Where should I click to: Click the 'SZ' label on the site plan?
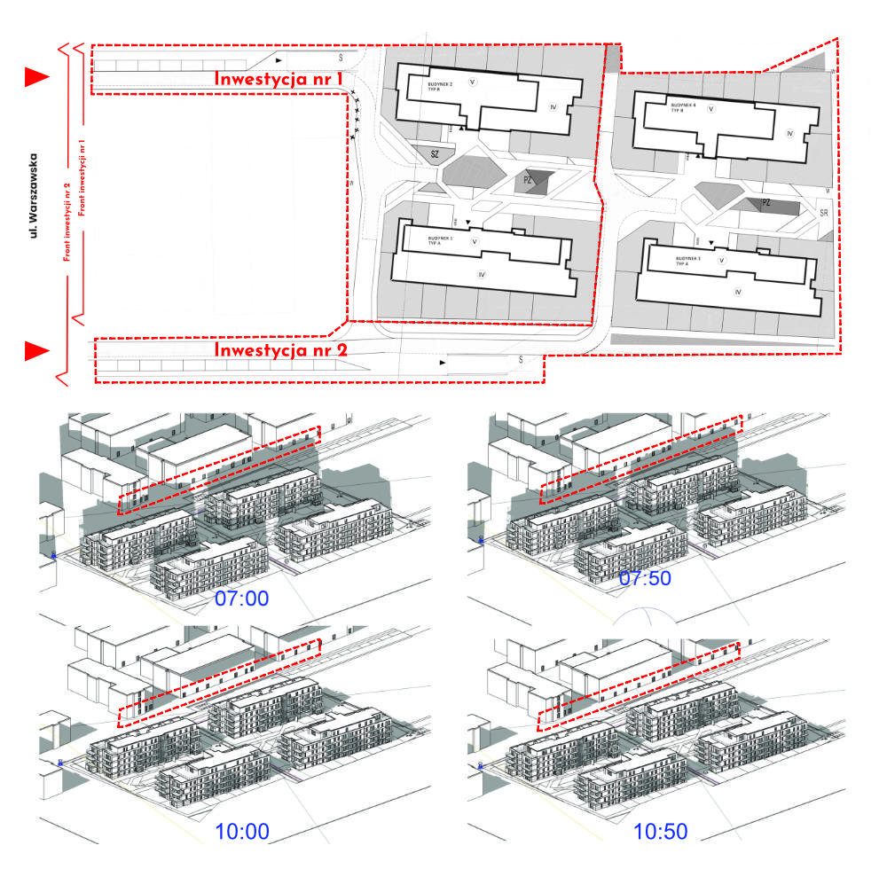[435, 155]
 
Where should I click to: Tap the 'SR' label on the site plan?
[823, 214]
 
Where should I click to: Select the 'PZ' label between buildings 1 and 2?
[529, 180]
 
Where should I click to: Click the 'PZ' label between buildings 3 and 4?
[765, 203]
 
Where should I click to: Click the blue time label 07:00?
[241, 599]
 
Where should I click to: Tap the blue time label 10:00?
[241, 832]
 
